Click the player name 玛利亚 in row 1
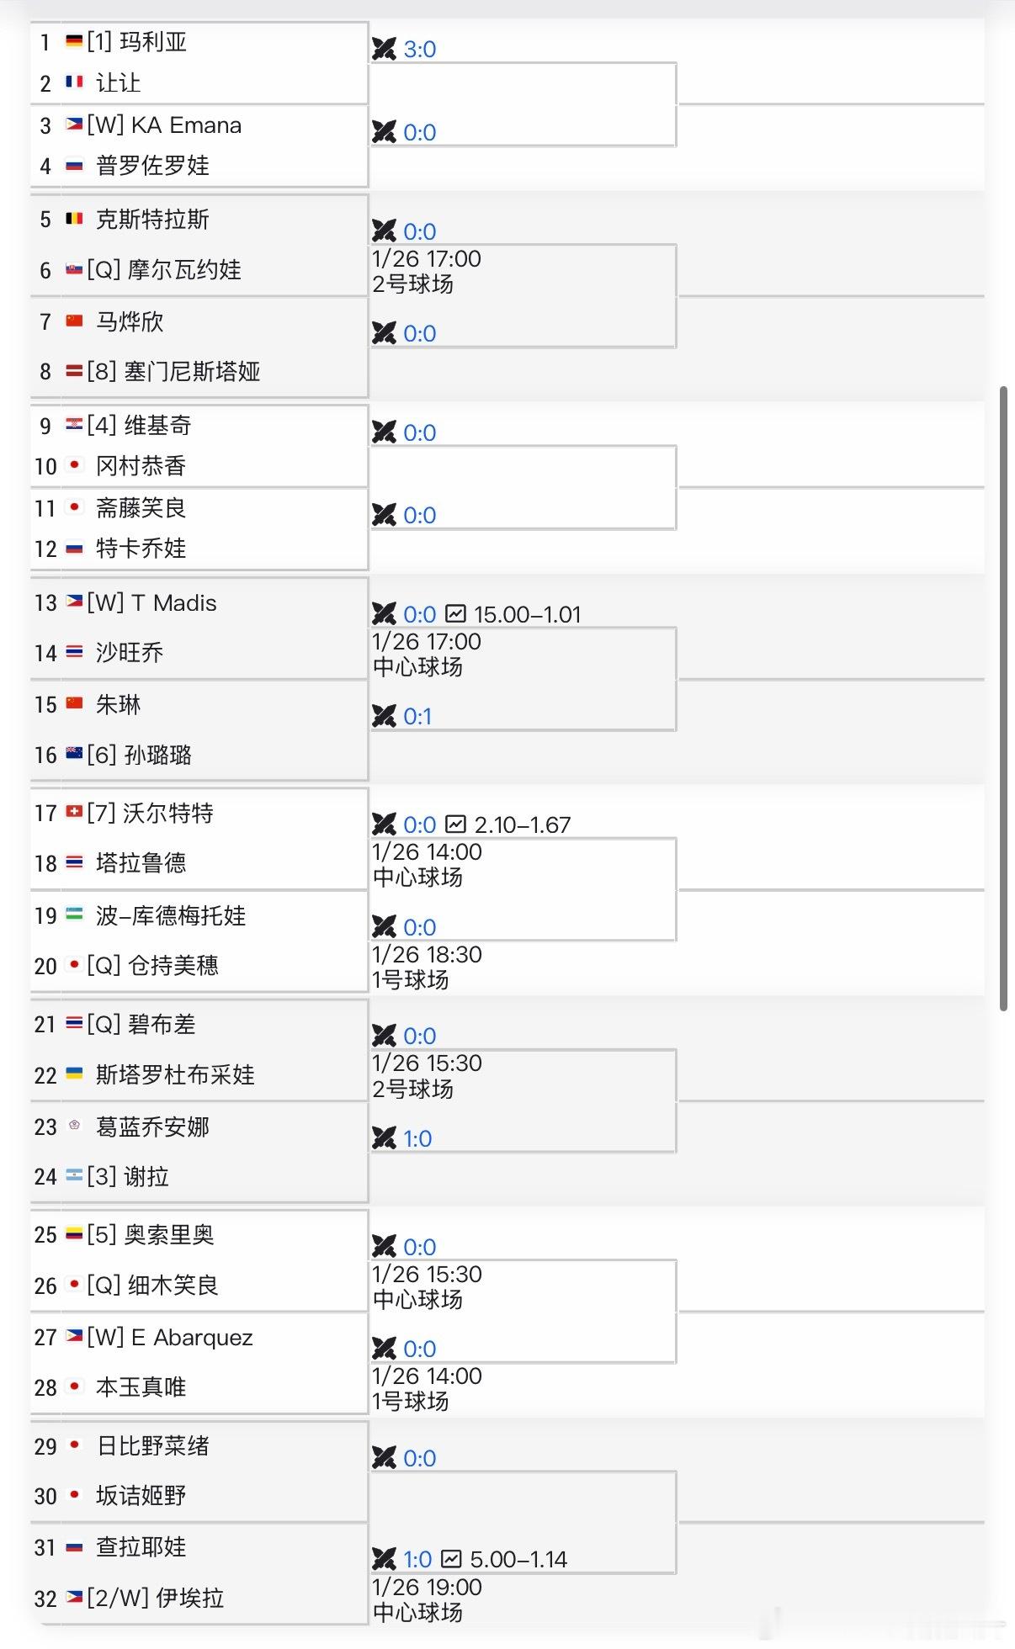pos(153,42)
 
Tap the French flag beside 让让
pos(74,82)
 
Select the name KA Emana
pos(186,125)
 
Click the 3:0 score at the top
pos(419,50)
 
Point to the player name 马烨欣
pos(130,321)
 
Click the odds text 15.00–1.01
pos(527,615)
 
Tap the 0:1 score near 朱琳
pos(417,717)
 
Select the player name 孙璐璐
pos(157,755)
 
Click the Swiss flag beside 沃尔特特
pos(74,812)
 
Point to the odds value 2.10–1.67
pos(523,825)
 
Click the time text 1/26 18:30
pos(427,955)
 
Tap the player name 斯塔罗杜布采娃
pos(175,1074)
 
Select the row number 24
pos(45,1177)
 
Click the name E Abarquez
pos(191,1338)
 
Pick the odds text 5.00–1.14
pos(518,1560)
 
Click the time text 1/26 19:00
pos(427,1588)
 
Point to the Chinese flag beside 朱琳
pos(74,703)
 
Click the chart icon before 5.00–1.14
pos(452,1559)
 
